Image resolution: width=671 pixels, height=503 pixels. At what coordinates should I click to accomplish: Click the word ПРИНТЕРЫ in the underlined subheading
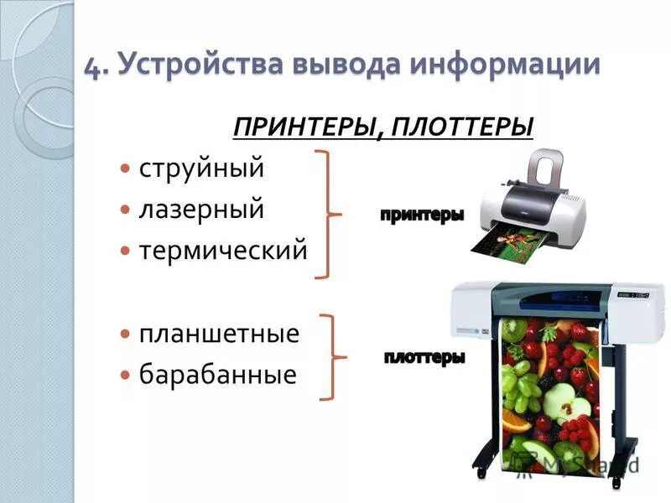tap(299, 128)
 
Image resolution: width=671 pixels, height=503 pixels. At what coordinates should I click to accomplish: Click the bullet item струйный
tap(201, 168)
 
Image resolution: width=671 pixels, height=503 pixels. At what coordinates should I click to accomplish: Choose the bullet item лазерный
tap(201, 209)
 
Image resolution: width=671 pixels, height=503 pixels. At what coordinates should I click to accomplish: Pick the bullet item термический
tap(223, 250)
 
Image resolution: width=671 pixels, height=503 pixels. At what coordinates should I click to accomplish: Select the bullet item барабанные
tap(217, 374)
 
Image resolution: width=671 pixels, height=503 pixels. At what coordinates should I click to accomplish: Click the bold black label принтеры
tap(422, 215)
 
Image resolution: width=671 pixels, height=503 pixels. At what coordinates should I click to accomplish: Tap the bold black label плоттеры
tap(424, 358)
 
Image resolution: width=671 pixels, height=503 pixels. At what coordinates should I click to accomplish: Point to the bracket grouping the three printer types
tap(328, 214)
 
